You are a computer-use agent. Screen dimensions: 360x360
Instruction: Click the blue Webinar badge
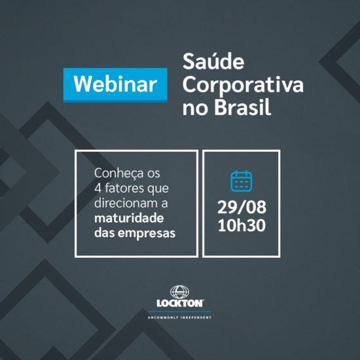click(115, 84)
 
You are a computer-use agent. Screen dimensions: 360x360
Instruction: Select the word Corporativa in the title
click(243, 86)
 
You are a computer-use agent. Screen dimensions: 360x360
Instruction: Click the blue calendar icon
click(241, 181)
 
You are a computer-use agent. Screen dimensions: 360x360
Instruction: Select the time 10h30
click(242, 227)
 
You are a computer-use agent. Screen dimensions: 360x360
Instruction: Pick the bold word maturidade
click(128, 217)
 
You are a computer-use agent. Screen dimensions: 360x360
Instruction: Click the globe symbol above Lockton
click(180, 291)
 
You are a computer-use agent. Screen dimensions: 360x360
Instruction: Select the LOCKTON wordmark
click(179, 303)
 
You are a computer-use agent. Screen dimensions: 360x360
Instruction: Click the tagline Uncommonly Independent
click(179, 317)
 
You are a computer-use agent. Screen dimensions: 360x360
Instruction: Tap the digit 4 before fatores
click(98, 189)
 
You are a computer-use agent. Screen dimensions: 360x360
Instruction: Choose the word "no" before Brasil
click(194, 107)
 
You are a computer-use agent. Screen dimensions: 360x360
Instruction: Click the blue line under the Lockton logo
click(179, 311)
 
